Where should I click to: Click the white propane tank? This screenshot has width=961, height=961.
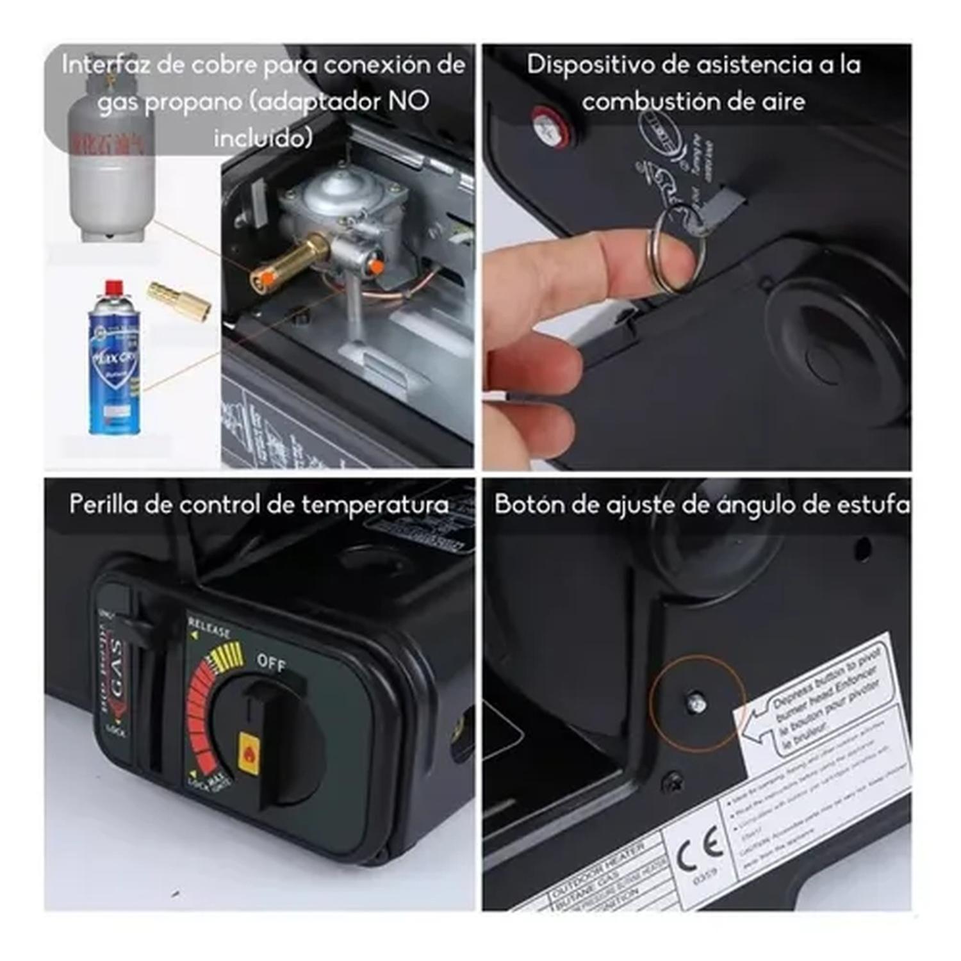111,167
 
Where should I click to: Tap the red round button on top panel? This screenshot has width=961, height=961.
550,125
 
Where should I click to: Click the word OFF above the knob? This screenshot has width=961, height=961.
271,663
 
